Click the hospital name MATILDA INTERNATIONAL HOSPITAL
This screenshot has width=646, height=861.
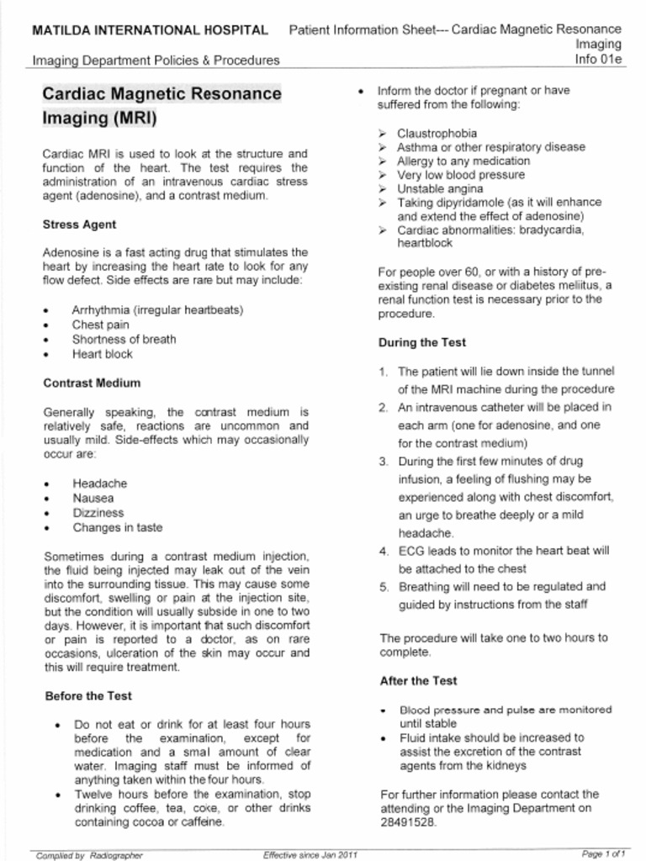tap(150, 30)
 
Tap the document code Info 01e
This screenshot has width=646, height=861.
tap(598, 60)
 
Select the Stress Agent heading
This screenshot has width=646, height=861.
tap(79, 224)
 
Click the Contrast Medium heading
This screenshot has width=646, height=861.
tap(92, 383)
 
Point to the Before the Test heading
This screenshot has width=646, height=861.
tap(87, 696)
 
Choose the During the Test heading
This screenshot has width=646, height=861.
tap(422, 342)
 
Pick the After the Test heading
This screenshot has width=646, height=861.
tap(418, 680)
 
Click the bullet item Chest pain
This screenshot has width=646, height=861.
tap(100, 325)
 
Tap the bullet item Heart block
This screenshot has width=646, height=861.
tap(102, 354)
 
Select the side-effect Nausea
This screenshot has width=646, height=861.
tap(93, 498)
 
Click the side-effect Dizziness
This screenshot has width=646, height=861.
tap(98, 513)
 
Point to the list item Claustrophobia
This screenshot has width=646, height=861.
tap(437, 133)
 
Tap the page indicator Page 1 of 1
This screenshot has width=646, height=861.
tap(603, 854)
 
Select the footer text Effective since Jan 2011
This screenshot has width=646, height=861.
tap(310, 854)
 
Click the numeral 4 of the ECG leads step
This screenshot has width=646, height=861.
tap(383, 551)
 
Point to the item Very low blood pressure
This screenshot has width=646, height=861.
tap(461, 175)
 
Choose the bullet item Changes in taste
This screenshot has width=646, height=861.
tap(118, 528)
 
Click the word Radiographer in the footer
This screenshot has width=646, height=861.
tap(116, 855)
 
